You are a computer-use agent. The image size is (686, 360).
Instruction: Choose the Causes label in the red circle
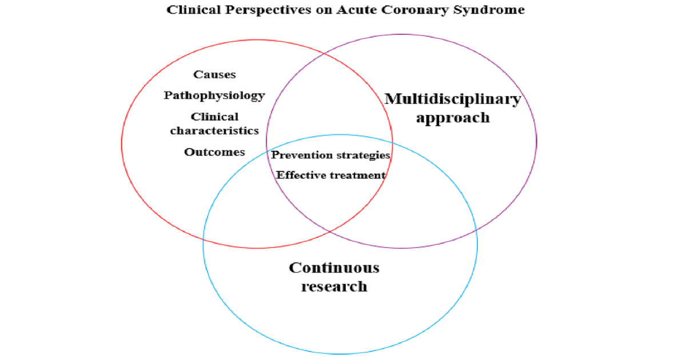point(214,74)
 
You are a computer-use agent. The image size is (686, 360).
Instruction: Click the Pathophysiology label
point(214,95)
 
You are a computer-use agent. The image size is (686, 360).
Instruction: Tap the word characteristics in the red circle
point(214,131)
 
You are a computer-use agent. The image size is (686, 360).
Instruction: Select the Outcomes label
point(214,152)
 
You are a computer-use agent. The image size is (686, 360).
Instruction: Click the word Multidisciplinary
point(452,99)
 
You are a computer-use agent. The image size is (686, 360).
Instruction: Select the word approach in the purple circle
point(452,118)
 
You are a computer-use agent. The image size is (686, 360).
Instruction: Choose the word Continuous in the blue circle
point(334,267)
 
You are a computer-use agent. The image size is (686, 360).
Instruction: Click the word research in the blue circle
point(334,286)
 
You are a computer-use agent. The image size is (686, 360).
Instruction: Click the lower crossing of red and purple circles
point(330,232)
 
